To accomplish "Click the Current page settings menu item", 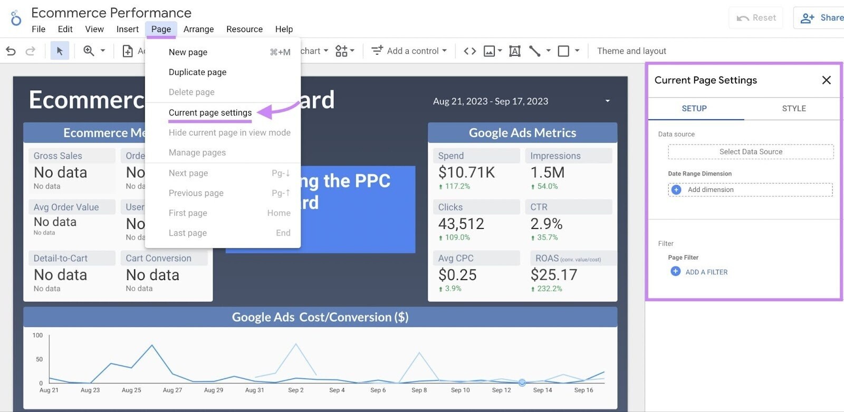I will pos(210,113).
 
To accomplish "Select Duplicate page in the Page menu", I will pos(197,72).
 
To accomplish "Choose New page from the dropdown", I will pos(188,52).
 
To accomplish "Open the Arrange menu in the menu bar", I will pos(198,29).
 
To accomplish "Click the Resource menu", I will pos(244,29).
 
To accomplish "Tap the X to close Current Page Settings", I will pos(826,80).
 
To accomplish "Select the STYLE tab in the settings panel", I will pos(793,109).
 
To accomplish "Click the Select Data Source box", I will pos(751,152).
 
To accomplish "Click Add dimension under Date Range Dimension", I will pos(751,190).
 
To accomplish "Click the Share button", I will pos(821,18).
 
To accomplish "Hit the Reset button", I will pos(756,18).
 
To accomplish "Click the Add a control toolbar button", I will pos(409,51).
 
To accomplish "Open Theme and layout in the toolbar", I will pos(631,51).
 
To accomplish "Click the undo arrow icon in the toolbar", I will pos(11,51).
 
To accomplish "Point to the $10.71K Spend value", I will pos(466,173).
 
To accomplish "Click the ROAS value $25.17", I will pos(554,275).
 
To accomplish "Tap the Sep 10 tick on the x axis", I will pos(460,390).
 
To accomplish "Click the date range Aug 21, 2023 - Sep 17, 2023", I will pos(491,101).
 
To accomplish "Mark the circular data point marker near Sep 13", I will pos(522,382).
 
